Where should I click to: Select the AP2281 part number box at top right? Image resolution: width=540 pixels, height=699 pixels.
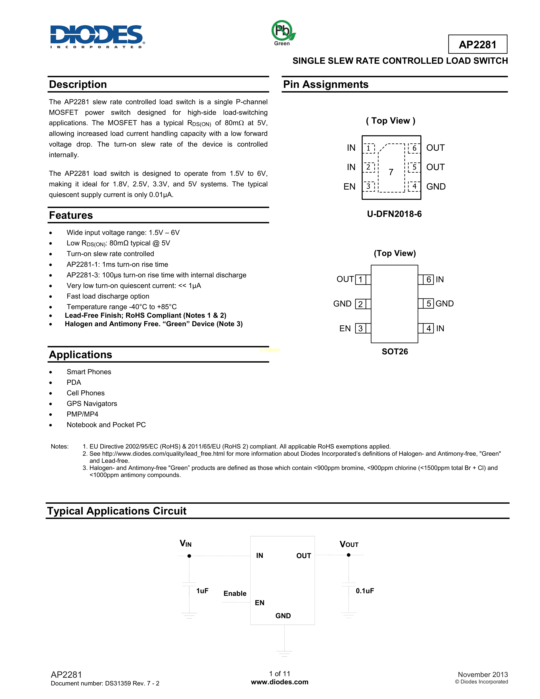[x=477, y=44]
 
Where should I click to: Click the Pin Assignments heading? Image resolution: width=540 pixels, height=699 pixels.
[x=326, y=85]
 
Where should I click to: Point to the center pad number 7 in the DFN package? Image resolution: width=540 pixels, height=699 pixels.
[x=391, y=172]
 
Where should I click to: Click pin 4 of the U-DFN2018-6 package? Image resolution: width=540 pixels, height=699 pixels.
[x=414, y=186]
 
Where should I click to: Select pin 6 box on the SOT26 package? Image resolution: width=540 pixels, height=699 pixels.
[x=428, y=279]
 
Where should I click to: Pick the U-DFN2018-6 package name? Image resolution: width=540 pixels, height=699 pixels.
[x=394, y=214]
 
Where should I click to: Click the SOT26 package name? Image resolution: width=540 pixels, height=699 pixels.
[x=395, y=352]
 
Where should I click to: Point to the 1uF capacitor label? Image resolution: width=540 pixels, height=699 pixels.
[x=202, y=591]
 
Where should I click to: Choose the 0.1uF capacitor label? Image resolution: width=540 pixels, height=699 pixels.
[x=365, y=591]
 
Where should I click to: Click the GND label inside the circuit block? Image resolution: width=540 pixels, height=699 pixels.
[x=283, y=616]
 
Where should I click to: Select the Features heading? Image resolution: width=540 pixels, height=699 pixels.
[x=71, y=215]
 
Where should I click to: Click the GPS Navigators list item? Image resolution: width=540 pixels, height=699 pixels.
[x=92, y=404]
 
